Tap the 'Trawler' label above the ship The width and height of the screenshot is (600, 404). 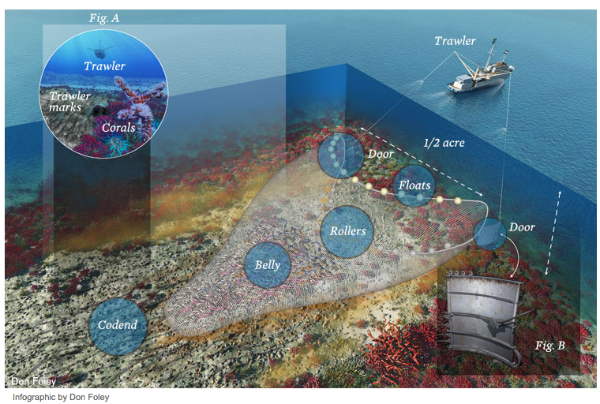456,40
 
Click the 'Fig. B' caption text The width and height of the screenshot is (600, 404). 549,346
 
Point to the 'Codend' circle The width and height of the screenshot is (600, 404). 118,324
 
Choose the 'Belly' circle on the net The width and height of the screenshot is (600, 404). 268,265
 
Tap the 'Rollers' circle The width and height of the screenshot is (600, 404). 347,231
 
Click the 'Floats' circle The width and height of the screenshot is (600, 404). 414,186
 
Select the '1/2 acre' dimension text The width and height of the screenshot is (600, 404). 444,144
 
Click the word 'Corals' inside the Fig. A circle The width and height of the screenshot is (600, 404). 118,127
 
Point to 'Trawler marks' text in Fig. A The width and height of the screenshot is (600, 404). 69,102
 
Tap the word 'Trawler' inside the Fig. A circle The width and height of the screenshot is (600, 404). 105,66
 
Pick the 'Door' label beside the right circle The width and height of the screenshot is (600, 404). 522,227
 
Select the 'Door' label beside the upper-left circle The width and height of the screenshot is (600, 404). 381,154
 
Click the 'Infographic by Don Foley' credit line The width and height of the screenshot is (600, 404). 61,397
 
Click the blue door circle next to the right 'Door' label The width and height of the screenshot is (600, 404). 489,233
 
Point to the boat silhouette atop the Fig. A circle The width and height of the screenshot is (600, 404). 99,45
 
